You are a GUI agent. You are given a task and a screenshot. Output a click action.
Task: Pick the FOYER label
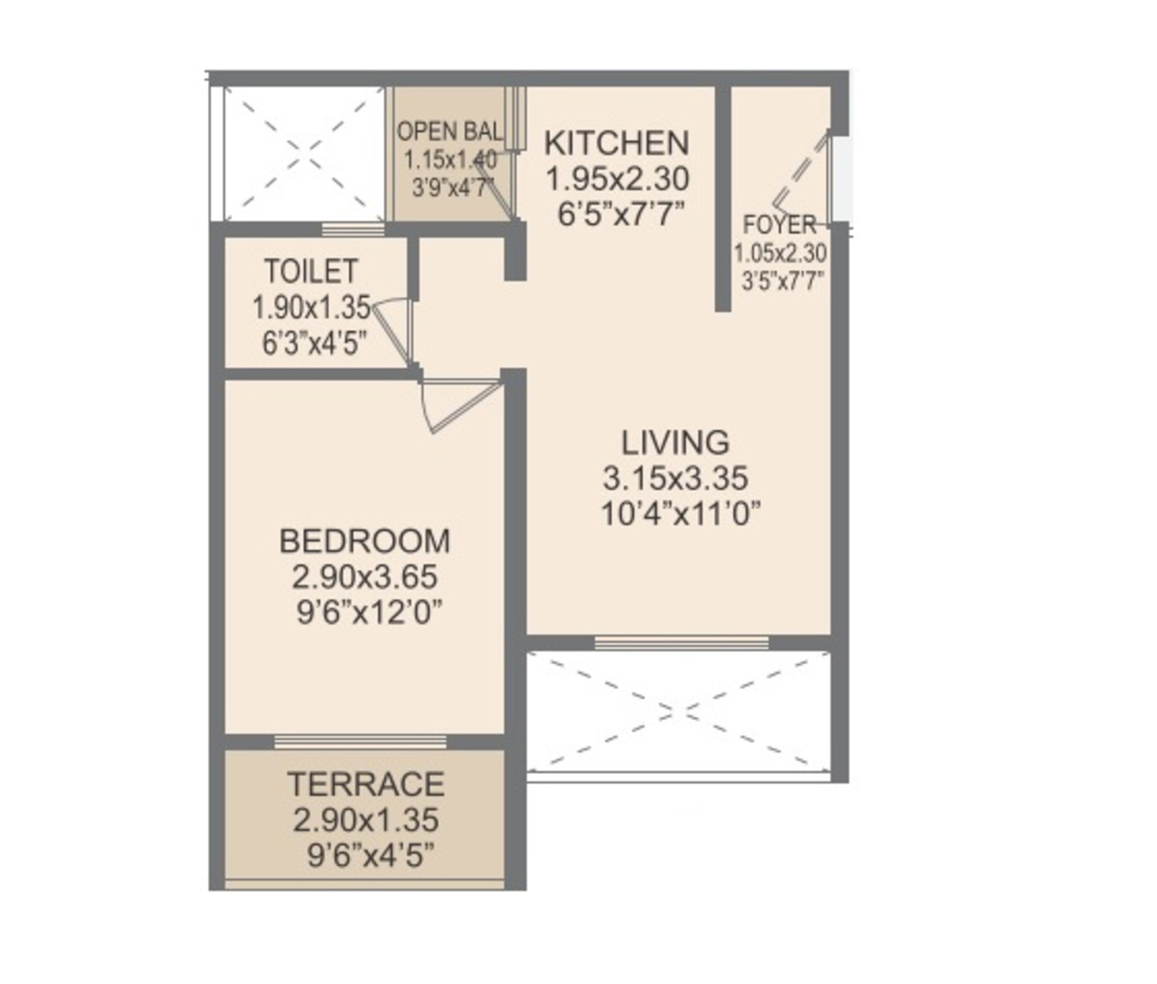point(779,225)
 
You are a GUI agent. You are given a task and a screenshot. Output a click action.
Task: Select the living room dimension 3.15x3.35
point(675,478)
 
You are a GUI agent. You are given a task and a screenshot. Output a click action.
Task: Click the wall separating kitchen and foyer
point(723,198)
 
